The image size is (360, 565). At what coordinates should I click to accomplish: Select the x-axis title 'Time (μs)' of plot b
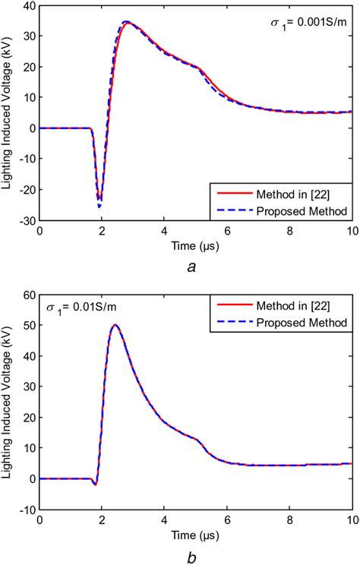tap(194, 534)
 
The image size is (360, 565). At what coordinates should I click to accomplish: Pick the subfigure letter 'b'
tap(194, 554)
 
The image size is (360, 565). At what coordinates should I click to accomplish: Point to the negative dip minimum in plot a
tap(99, 205)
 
